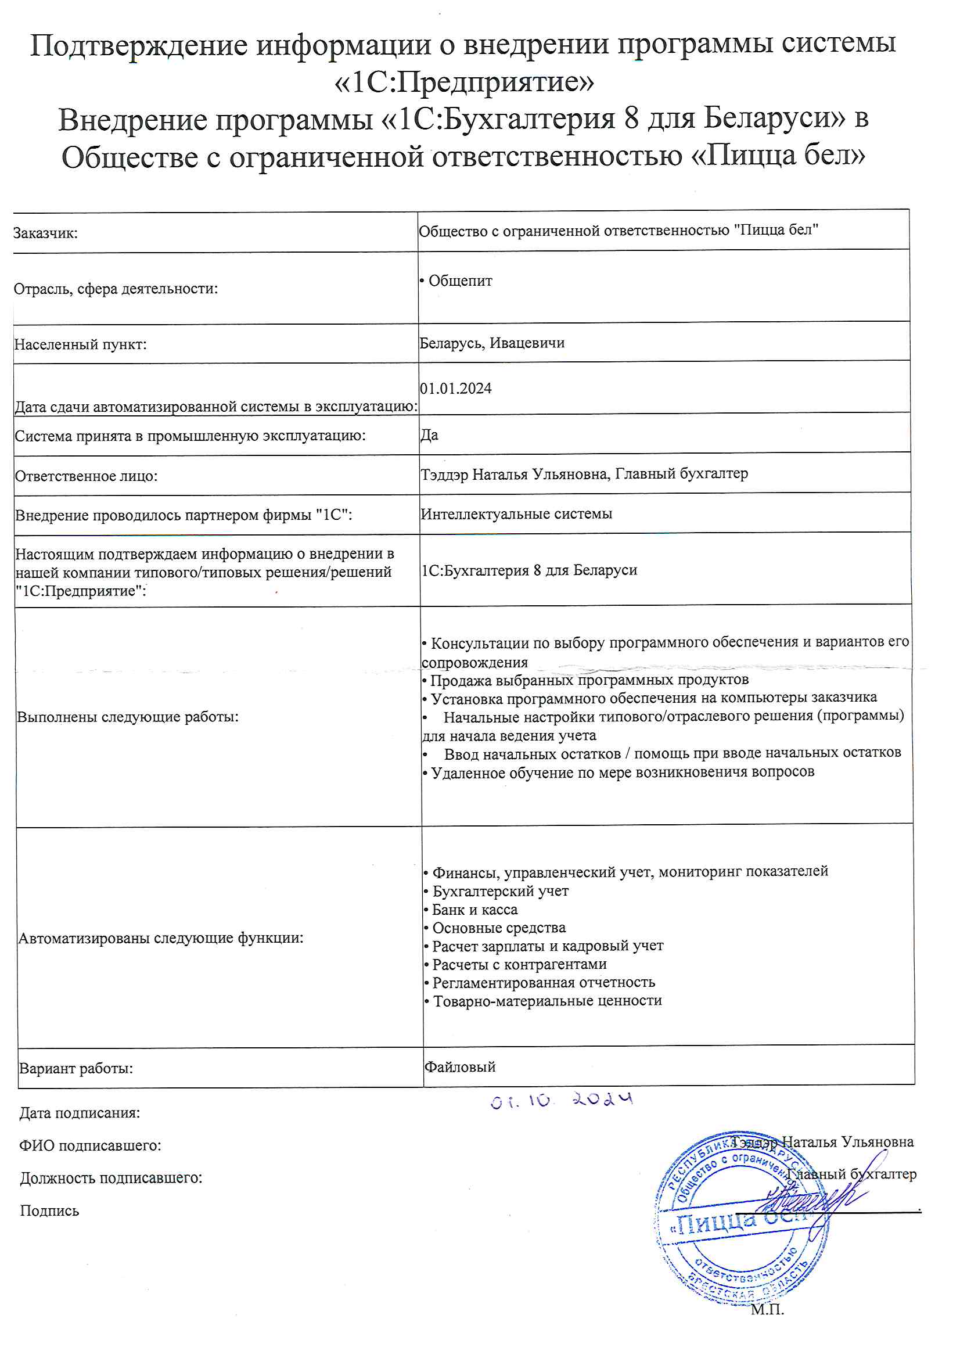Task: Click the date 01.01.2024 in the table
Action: click(455, 389)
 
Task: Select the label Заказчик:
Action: click(45, 233)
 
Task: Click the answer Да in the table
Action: click(429, 435)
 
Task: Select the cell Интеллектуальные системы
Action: click(516, 514)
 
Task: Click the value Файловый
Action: click(459, 1067)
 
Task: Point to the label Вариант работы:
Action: click(75, 1069)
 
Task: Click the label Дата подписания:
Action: click(79, 1113)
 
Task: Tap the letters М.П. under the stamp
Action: click(767, 1309)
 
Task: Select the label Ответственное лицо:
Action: click(86, 476)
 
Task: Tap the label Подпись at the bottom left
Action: click(49, 1210)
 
